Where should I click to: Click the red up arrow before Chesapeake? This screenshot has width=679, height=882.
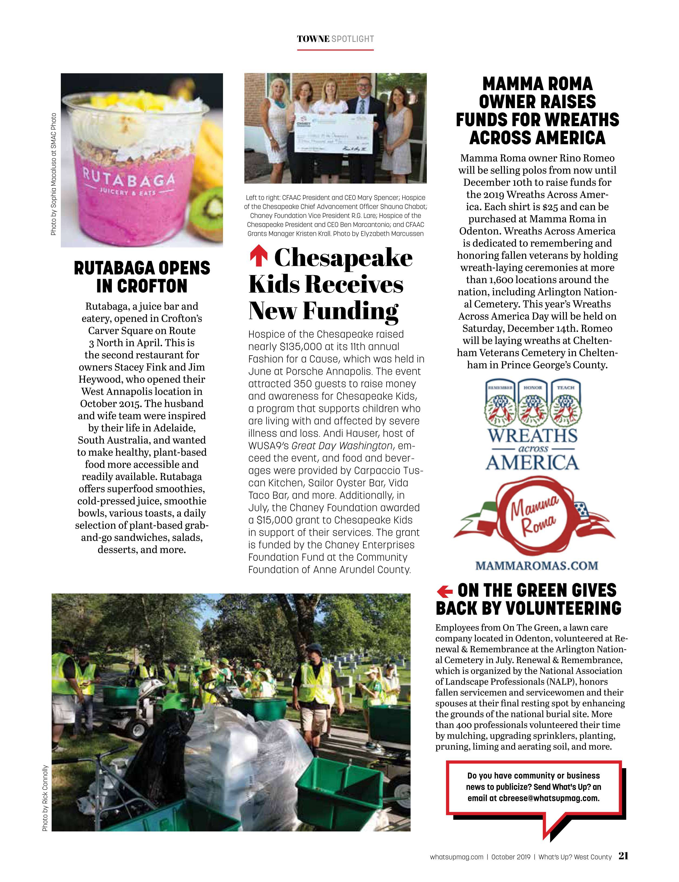[x=259, y=257]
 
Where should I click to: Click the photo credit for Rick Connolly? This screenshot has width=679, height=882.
[x=45, y=798]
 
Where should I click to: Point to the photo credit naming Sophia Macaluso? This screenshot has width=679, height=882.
[x=53, y=174]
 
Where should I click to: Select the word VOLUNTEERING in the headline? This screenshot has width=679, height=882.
[x=563, y=608]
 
